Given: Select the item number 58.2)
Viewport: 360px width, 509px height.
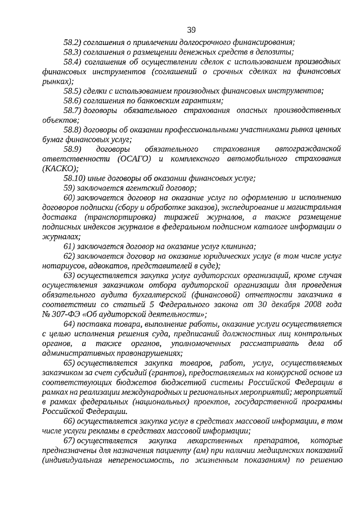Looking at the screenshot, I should [73, 42].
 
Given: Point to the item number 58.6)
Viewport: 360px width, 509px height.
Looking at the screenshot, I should [73, 100].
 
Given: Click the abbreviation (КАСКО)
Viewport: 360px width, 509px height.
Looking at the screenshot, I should [60, 168].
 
